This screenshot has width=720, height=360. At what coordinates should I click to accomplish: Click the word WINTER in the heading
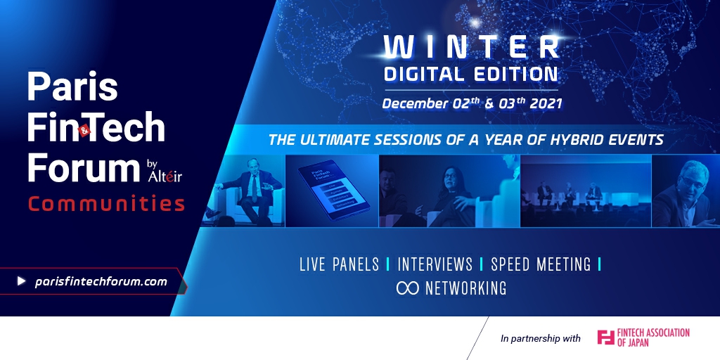point(472,47)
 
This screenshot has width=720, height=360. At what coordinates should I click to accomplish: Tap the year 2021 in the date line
point(546,103)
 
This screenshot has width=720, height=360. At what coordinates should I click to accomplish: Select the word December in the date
point(416,103)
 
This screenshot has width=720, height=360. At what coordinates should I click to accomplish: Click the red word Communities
point(107,203)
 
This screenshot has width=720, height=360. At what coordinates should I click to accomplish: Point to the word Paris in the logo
point(72,86)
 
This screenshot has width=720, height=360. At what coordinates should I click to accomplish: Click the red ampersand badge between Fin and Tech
point(85,130)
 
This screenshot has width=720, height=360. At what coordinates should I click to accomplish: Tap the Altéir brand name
point(165,175)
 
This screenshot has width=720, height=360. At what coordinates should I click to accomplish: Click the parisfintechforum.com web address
point(101,281)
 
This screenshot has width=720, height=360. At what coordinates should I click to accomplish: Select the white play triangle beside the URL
point(21,281)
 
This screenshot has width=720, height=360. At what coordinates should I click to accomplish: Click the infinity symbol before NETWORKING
point(407,288)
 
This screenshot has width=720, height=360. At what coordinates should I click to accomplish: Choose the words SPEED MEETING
point(541,264)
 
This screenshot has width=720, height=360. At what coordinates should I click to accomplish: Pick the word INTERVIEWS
point(435,264)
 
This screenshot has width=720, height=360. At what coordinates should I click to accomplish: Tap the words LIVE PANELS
point(340,264)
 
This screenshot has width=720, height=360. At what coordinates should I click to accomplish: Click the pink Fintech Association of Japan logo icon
point(605,337)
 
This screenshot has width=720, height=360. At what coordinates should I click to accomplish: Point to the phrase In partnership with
point(541,339)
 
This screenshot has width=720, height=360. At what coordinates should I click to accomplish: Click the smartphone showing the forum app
point(333,190)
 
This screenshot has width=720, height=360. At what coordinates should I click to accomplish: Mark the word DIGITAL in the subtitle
point(421,75)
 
